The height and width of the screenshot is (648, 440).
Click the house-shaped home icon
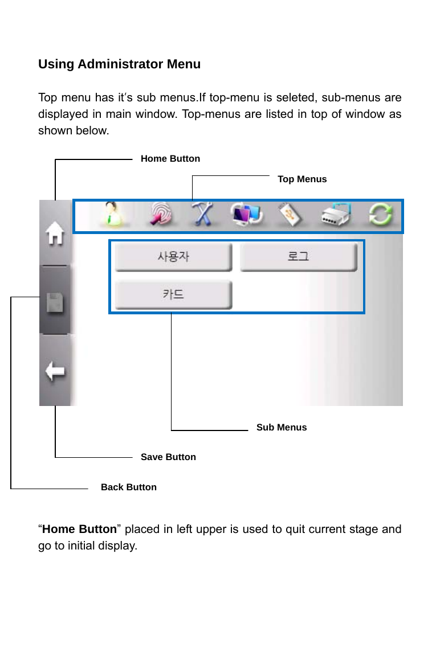[x=55, y=234]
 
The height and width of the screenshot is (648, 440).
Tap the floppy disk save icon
[x=55, y=302]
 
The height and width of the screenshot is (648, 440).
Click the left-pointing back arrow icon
[x=55, y=372]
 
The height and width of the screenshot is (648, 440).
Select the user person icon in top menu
[x=115, y=216]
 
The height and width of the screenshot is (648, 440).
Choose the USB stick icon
[x=290, y=216]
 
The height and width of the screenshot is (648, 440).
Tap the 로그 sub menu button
[x=298, y=257]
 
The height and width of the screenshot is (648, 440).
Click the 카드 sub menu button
[x=173, y=294]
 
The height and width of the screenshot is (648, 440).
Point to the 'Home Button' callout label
[x=170, y=159]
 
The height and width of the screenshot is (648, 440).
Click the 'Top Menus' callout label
[x=302, y=179]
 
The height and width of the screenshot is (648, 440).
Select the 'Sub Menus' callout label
[x=282, y=428]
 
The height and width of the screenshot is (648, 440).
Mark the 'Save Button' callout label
[x=168, y=457]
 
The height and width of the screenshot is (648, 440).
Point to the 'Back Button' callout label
[x=129, y=487]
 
